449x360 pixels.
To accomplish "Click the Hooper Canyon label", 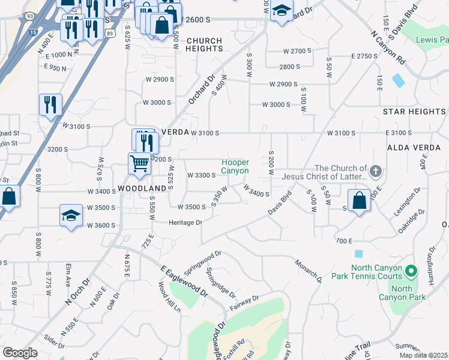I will [x=235, y=166].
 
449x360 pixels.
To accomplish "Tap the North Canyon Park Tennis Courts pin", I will [x=411, y=272].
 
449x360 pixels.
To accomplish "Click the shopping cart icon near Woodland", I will [x=139, y=163].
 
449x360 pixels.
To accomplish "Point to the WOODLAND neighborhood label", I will [x=142, y=188].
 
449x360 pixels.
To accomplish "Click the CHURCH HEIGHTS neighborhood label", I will [x=204, y=45].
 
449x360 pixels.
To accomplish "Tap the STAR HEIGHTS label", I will [x=415, y=112].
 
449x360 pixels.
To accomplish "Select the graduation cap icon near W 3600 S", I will [x=71, y=216].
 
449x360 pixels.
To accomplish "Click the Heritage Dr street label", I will [x=186, y=222].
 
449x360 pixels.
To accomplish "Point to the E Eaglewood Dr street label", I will [x=184, y=283].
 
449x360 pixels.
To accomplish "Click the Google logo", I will [x=20, y=352].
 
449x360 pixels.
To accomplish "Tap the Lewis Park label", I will [x=432, y=40].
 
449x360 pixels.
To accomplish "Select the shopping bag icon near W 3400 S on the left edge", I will [x=8, y=197].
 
